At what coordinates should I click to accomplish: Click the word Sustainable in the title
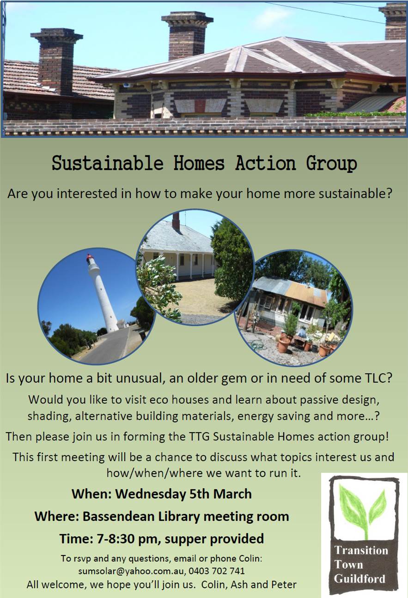click(x=108, y=163)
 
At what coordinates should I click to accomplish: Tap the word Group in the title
click(x=331, y=164)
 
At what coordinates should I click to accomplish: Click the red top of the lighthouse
click(x=90, y=258)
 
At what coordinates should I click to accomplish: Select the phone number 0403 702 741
click(x=217, y=571)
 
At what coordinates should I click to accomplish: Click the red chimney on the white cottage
click(x=176, y=221)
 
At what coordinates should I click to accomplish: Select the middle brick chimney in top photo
click(x=187, y=36)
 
